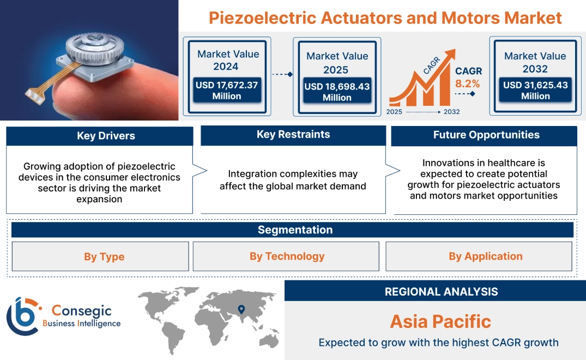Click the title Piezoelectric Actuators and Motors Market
pyautogui.click(x=385, y=18)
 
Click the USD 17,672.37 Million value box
pyautogui.click(x=226, y=91)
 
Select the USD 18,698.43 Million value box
pyautogui.click(x=337, y=92)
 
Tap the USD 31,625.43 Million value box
pyautogui.click(x=535, y=91)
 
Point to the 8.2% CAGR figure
pyautogui.click(x=468, y=83)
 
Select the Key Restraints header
pyautogui.click(x=293, y=135)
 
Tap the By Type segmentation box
pyautogui.click(x=104, y=257)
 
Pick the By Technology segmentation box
pyautogui.click(x=287, y=256)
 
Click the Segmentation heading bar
pyautogui.click(x=294, y=230)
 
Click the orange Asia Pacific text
pyautogui.click(x=440, y=321)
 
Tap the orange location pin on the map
pyautogui.click(x=241, y=310)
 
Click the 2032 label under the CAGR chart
pyautogui.click(x=451, y=112)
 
